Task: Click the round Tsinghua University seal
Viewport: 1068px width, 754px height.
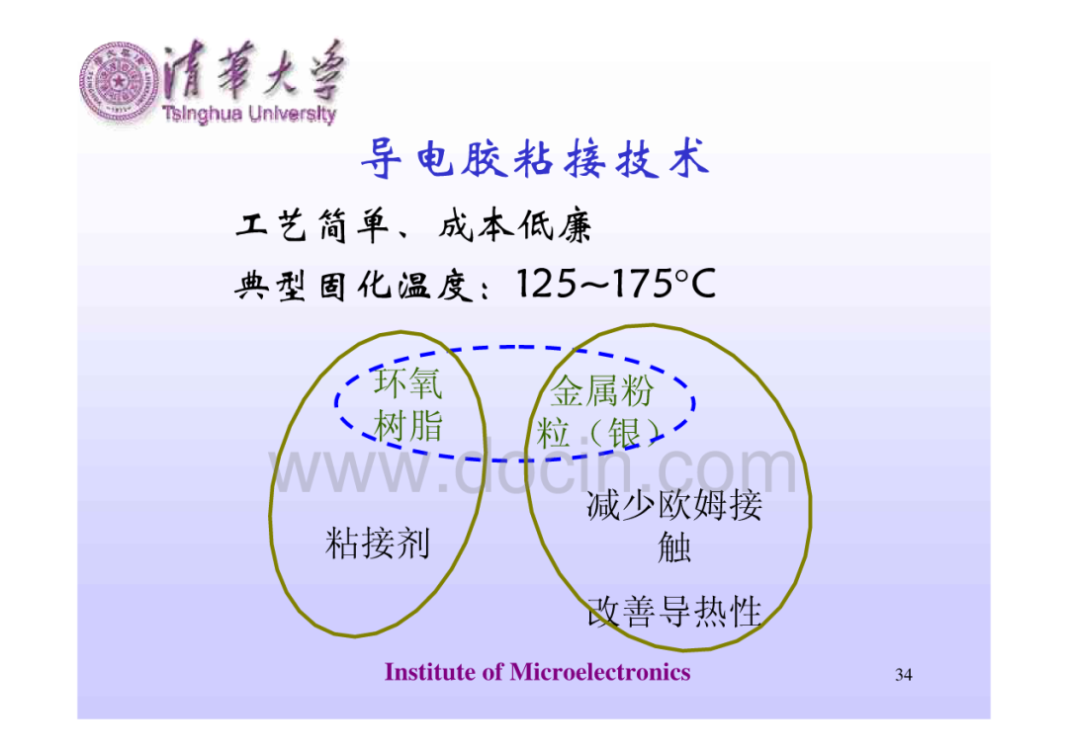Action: tap(120, 82)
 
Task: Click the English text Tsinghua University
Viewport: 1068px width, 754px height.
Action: tap(249, 114)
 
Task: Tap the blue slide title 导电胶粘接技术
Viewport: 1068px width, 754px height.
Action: tap(535, 158)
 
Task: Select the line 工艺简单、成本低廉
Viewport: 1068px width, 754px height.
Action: tap(413, 226)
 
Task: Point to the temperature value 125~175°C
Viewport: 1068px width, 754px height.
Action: tap(616, 284)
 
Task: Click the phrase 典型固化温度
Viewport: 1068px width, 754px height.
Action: tap(353, 286)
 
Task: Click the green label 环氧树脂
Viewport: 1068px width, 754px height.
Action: tap(408, 405)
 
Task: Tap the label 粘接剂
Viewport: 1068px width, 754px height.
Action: tap(378, 544)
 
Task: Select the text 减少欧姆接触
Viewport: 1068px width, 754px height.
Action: tap(674, 526)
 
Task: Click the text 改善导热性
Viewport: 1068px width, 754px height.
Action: tap(674, 611)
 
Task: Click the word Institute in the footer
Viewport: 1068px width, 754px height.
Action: tap(430, 672)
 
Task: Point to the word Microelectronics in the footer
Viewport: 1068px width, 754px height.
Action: tap(600, 672)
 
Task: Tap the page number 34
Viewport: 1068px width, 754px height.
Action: tap(903, 674)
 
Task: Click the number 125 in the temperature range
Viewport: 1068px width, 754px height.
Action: tap(546, 284)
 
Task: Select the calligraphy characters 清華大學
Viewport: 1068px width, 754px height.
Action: tap(253, 71)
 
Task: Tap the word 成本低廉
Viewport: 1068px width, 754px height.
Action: tap(515, 226)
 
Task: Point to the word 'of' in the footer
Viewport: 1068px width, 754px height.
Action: tap(492, 672)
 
